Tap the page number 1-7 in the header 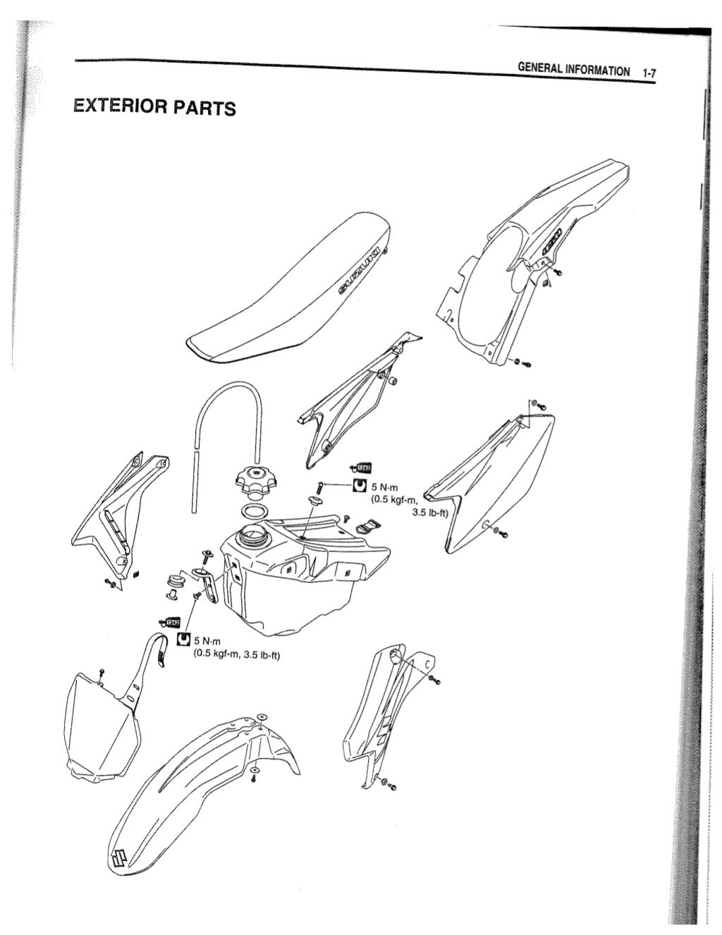(648, 72)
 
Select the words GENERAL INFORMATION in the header (574, 70)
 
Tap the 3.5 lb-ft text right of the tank (430, 513)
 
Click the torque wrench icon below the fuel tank (183, 639)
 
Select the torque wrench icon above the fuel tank (359, 486)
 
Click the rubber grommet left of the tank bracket (173, 582)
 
